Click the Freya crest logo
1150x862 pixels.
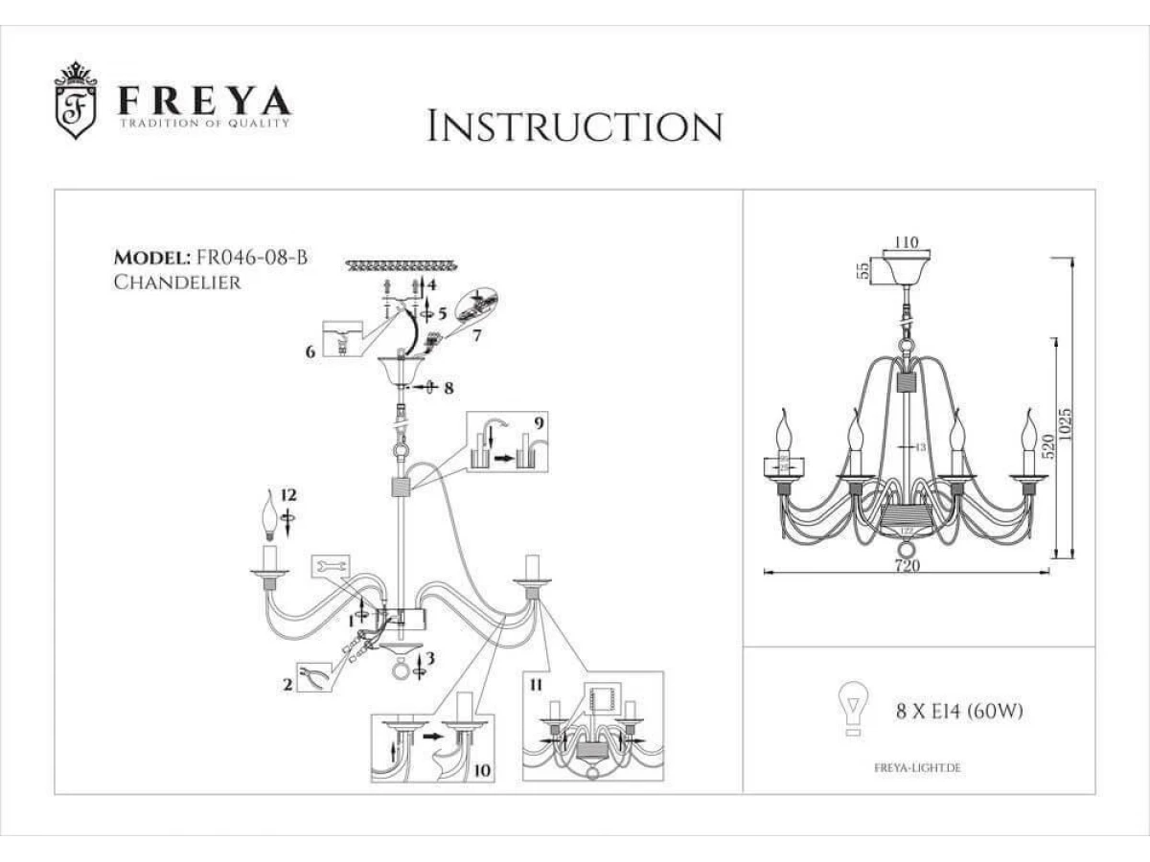[x=76, y=102]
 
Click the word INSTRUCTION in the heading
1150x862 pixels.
[x=574, y=126]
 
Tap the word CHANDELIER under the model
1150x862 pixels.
[x=177, y=283]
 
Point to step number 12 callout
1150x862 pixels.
[x=289, y=494]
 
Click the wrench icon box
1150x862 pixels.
[x=331, y=566]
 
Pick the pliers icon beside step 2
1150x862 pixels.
[x=313, y=676]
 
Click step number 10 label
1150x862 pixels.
[x=480, y=768]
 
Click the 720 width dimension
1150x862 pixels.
[x=908, y=565]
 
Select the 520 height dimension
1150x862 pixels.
[x=1050, y=447]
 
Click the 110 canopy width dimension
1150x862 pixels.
[x=907, y=241]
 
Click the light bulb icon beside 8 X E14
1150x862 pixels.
[x=849, y=710]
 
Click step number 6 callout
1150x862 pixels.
[x=310, y=352]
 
